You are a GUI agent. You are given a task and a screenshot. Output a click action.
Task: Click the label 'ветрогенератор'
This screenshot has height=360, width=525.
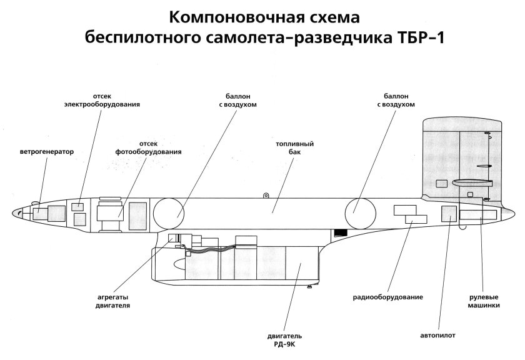click(x=47, y=151)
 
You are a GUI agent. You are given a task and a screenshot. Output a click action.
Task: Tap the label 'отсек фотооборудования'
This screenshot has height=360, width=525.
click(x=148, y=147)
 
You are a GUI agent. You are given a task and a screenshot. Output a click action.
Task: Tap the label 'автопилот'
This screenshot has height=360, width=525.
click(x=438, y=336)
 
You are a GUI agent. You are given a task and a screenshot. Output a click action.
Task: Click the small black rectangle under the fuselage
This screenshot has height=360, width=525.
click(x=340, y=233)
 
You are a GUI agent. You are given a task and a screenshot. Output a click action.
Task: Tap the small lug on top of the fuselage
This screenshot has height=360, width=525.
click(x=266, y=196)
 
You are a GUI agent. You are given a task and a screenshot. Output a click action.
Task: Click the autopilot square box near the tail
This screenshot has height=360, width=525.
click(x=449, y=213)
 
